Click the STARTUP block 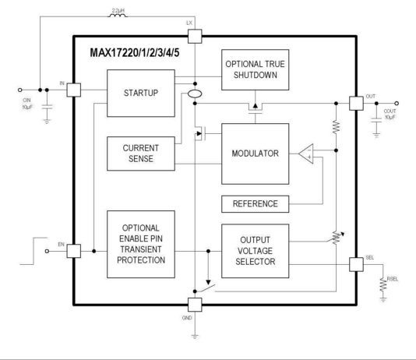click(140, 93)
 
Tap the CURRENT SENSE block click(140, 154)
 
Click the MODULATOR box click(255, 154)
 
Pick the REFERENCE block click(255, 203)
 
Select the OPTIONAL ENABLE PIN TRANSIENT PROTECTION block click(140, 243)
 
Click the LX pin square click(194, 36)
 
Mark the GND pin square click(194, 305)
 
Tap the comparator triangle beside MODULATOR click(307, 153)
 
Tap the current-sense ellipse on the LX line click(194, 95)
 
